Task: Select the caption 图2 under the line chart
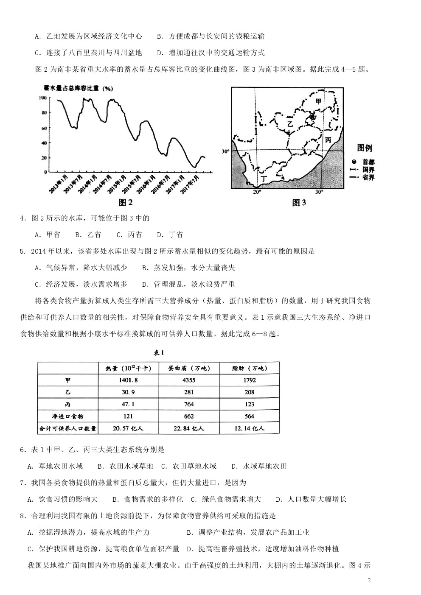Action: click(126, 202)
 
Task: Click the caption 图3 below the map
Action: click(299, 203)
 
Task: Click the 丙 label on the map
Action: click(328, 140)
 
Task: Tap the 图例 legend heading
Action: click(364, 148)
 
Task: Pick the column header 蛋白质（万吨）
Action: click(189, 368)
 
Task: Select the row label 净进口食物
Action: click(67, 416)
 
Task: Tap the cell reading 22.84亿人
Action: click(189, 428)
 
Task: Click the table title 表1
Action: click(158, 353)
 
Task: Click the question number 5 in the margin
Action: click(22, 251)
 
